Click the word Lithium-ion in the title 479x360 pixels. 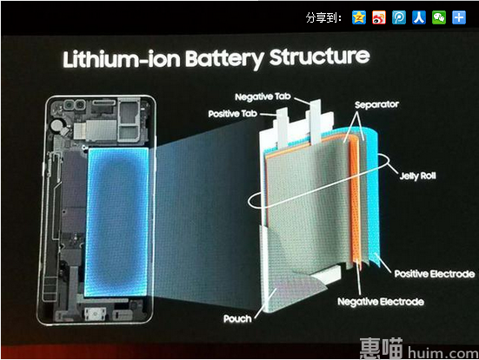pyautogui.click(x=121, y=59)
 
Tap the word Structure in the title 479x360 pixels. pyautogui.click(x=319, y=57)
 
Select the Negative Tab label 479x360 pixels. pyautogui.click(x=263, y=97)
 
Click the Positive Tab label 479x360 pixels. pyautogui.click(x=232, y=114)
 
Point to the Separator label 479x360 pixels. pyautogui.click(x=376, y=105)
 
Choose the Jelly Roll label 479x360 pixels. pyautogui.click(x=417, y=176)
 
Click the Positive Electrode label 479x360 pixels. pyautogui.click(x=435, y=274)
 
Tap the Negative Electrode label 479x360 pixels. pyautogui.click(x=381, y=302)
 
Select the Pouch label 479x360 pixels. pyautogui.click(x=237, y=319)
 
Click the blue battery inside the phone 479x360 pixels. pyautogui.click(x=116, y=222)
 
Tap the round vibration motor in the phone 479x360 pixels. pyautogui.click(x=57, y=125)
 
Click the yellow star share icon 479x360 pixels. pyautogui.click(x=359, y=17)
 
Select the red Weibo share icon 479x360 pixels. pyautogui.click(x=379, y=17)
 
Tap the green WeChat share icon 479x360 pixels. pyautogui.click(x=439, y=17)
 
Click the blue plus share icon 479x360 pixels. pyautogui.click(x=459, y=17)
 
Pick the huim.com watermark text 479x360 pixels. pyautogui.click(x=443, y=353)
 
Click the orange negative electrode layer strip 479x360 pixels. pyautogui.click(x=356, y=198)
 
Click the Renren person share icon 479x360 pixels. pyautogui.click(x=419, y=17)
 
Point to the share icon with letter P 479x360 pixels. pyautogui.click(x=399, y=17)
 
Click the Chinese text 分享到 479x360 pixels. pyautogui.click(x=323, y=17)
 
